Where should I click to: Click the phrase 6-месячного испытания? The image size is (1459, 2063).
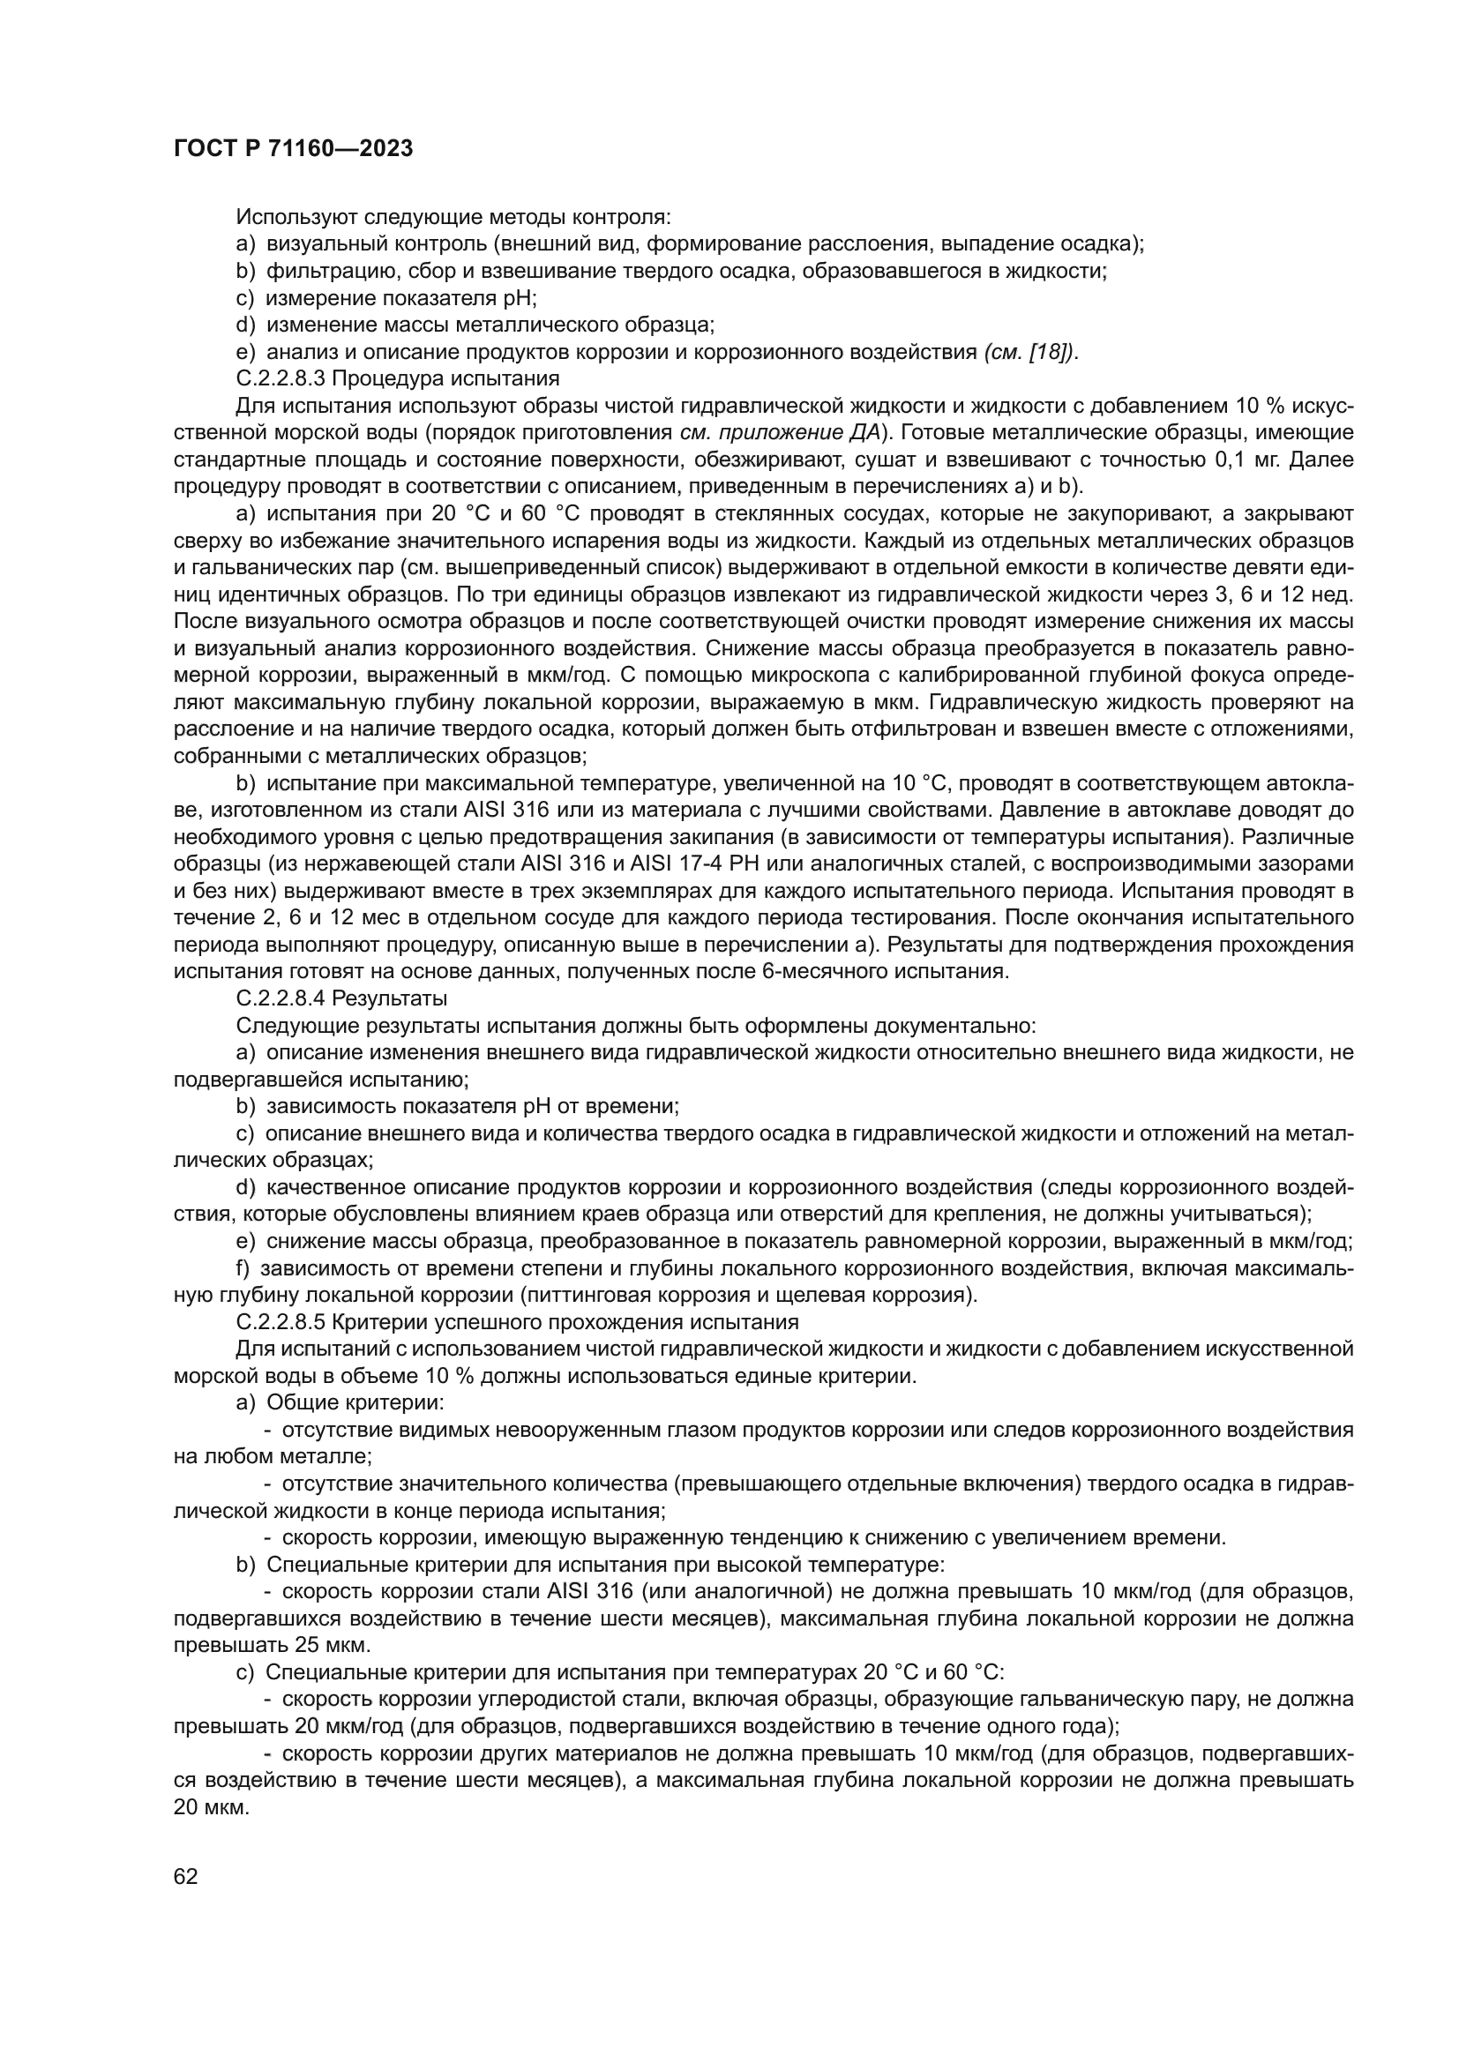coord(885,971)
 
